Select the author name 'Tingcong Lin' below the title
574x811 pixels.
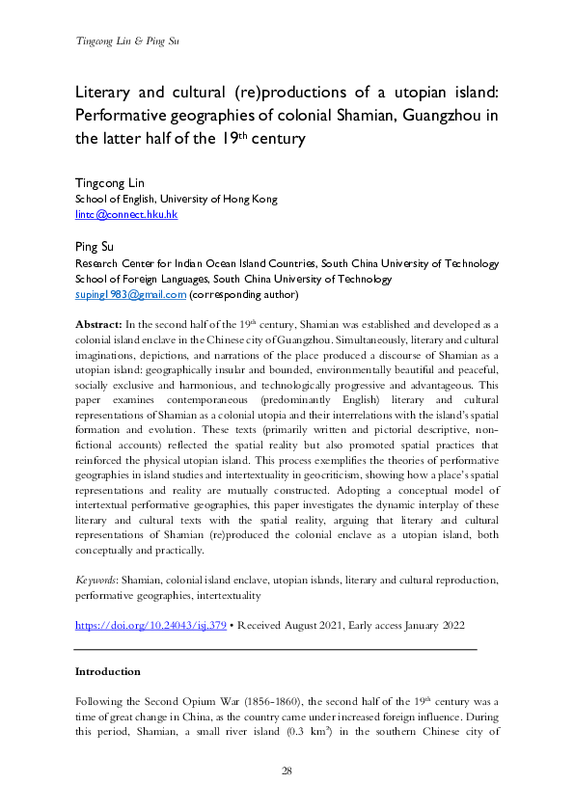(x=109, y=182)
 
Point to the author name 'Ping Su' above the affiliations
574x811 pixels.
(x=95, y=247)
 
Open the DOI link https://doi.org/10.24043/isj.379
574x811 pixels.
(x=150, y=625)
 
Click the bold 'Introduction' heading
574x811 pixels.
(x=107, y=671)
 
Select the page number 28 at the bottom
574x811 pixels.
(x=287, y=770)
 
